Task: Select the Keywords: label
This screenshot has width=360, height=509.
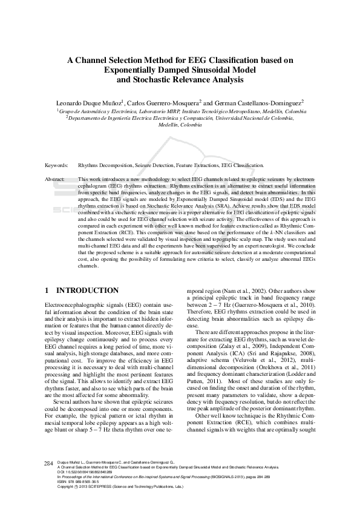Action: click(x=56, y=165)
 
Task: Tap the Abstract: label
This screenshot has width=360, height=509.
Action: click(x=55, y=180)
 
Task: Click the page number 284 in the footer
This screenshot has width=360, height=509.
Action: click(x=50, y=462)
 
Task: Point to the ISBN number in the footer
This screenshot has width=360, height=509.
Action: click(x=78, y=481)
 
